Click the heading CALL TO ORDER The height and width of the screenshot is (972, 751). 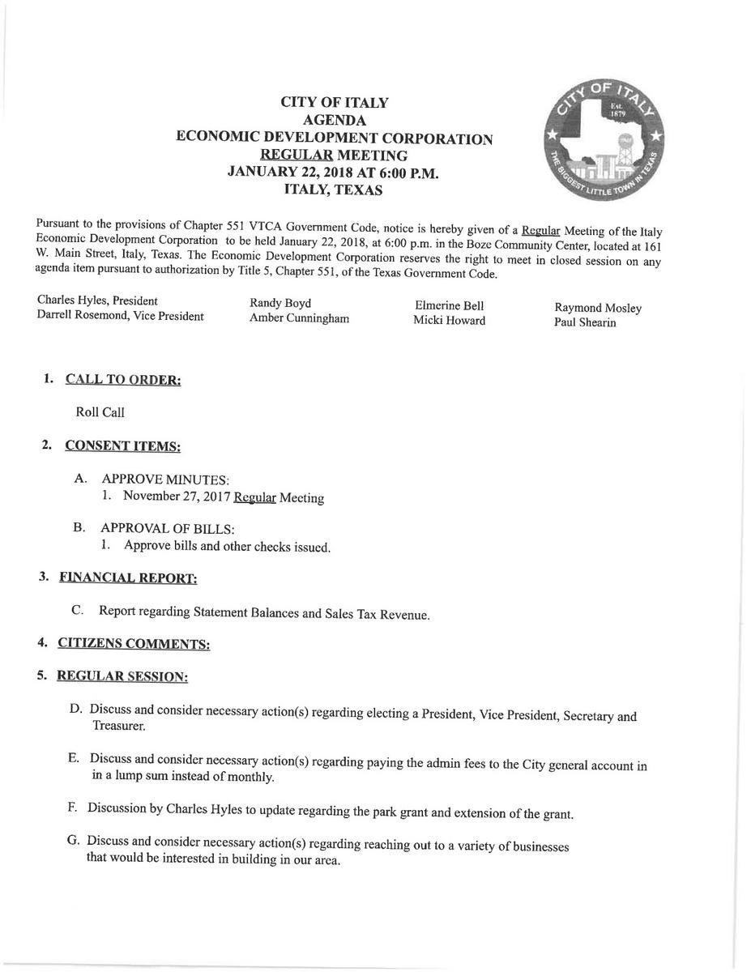point(122,380)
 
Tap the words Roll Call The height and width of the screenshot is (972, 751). point(100,412)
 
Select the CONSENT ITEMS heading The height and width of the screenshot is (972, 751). point(122,446)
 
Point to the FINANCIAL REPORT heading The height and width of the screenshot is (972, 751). point(128,578)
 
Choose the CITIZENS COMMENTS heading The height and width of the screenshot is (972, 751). point(134,644)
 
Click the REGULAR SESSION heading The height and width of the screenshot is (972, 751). point(122,676)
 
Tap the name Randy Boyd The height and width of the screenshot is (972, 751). point(280,304)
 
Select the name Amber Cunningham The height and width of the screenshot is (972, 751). point(299,319)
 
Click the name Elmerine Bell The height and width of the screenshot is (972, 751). point(449,306)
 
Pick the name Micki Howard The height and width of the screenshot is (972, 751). point(449,321)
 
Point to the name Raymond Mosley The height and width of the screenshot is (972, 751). point(598,308)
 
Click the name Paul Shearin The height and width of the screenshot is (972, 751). point(585,322)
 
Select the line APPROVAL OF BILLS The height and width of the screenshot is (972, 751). point(167,530)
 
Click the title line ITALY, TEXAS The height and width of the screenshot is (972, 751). point(334,190)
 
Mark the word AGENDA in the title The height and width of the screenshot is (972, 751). point(334,121)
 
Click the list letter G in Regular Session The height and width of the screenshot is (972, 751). point(73,840)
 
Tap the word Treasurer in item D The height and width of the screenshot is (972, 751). point(119,727)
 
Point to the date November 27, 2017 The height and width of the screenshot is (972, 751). point(176,497)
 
